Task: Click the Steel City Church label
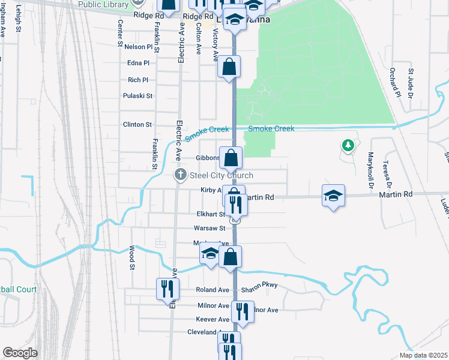221,175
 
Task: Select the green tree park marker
347,145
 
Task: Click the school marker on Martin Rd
333,195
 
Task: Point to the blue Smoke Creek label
271,128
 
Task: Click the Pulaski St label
137,95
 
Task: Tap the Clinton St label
137,124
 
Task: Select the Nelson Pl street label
137,46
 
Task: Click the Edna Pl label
138,63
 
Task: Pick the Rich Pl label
138,80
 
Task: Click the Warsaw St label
209,228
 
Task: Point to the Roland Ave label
213,289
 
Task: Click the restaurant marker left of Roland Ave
167,289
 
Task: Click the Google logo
20,353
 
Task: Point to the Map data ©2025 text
423,355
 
